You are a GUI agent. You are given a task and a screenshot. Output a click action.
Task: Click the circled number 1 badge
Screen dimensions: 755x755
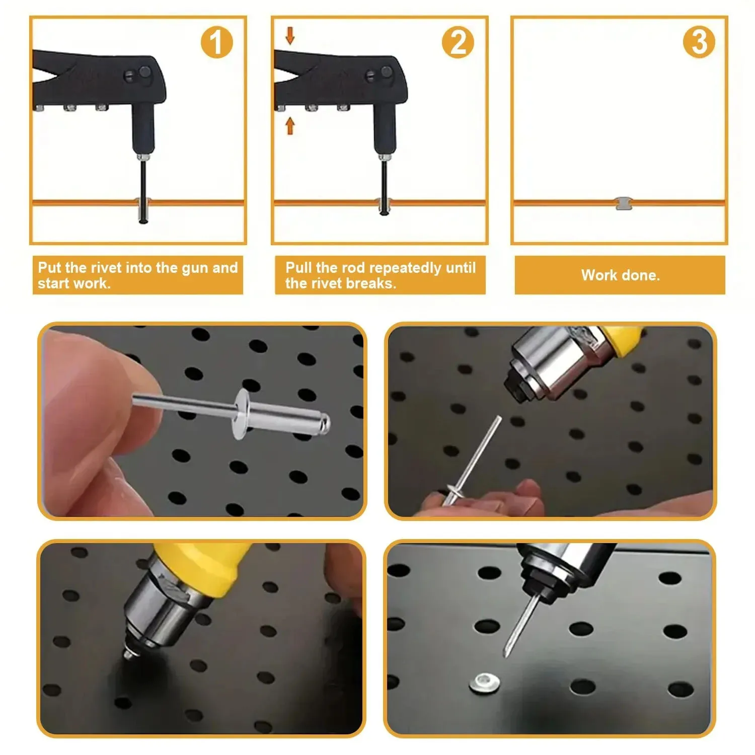pos(216,42)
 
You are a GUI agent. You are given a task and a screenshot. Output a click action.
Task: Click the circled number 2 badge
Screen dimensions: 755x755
pos(458,42)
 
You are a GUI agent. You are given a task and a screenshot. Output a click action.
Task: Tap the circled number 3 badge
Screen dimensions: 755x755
pos(699,42)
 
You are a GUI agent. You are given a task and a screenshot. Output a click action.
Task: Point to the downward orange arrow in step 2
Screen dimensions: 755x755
pos(290,36)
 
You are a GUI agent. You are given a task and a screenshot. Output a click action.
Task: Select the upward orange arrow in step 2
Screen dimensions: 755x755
pos(290,125)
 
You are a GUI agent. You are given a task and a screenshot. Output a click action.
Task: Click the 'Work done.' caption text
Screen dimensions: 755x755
pos(620,275)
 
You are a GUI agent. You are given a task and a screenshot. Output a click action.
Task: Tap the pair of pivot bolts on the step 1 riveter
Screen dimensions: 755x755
pos(137,74)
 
